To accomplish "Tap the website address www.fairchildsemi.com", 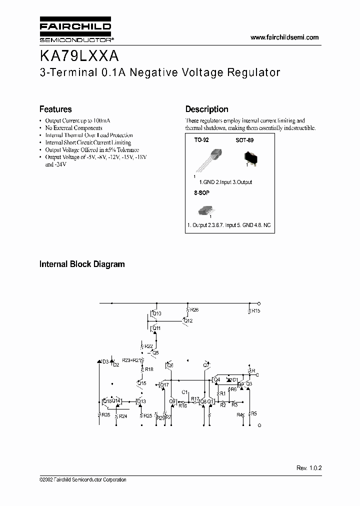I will click(x=284, y=37).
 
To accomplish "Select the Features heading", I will click(x=55, y=109).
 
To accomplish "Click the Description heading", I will click(x=206, y=109).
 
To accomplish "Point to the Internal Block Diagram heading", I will click(x=82, y=264).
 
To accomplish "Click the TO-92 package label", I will click(x=201, y=141).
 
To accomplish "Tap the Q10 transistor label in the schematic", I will click(x=157, y=314).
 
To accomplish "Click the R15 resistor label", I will click(x=255, y=311).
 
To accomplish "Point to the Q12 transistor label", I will click(x=188, y=320).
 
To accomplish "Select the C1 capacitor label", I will click(x=184, y=392).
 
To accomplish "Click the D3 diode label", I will click(x=105, y=361).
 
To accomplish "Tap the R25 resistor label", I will click(x=147, y=415).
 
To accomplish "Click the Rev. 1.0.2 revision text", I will click(x=309, y=467).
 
